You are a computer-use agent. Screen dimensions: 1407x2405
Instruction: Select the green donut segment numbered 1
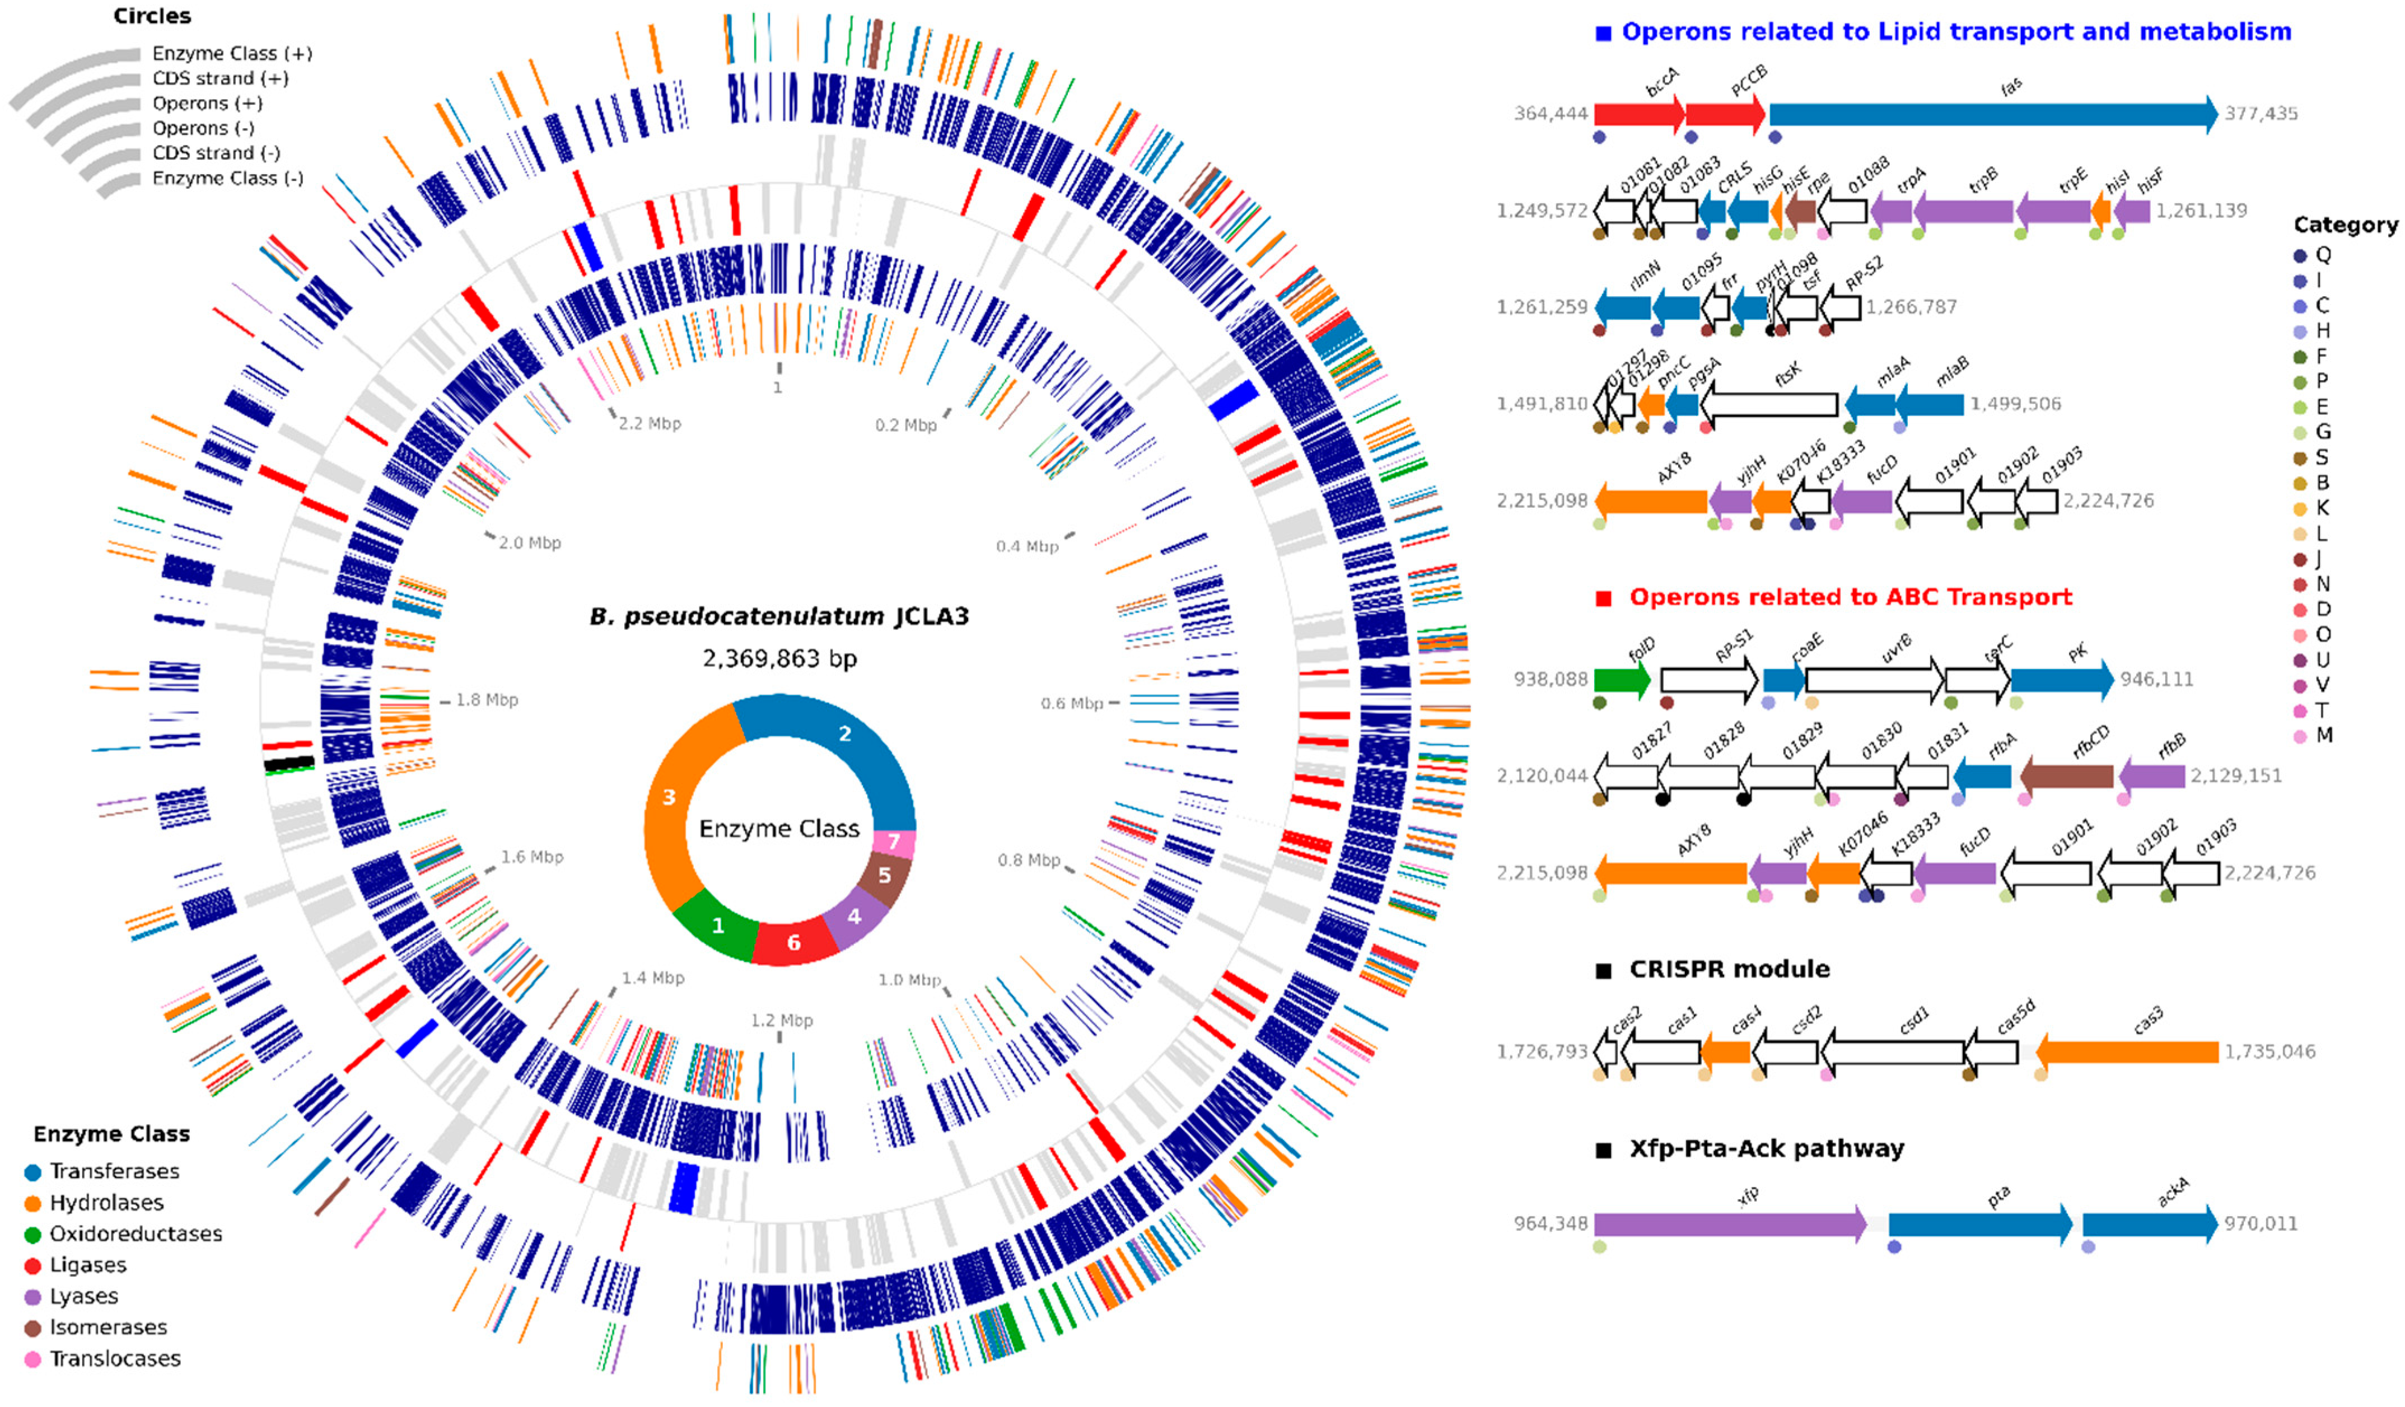click(x=718, y=924)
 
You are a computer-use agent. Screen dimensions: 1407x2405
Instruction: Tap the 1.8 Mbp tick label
click(x=487, y=700)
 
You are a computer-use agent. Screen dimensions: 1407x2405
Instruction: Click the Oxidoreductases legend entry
click(x=136, y=1233)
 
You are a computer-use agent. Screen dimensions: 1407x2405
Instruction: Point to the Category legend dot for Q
click(x=2300, y=255)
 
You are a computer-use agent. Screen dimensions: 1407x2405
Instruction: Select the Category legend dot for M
click(x=2300, y=736)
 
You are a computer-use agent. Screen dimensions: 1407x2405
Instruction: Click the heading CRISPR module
click(x=1729, y=969)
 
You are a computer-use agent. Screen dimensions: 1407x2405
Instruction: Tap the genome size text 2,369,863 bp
click(x=779, y=658)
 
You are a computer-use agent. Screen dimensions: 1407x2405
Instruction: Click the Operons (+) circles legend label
click(x=207, y=103)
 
